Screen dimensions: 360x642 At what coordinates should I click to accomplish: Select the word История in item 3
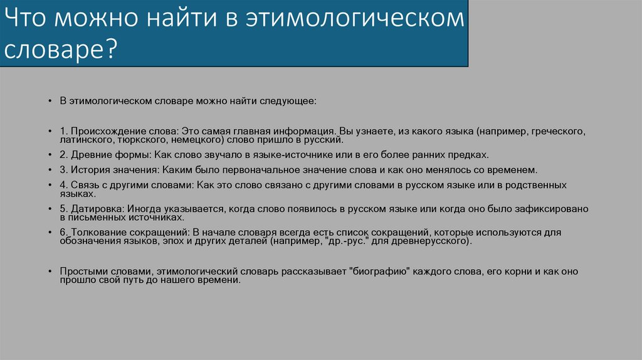tap(88, 169)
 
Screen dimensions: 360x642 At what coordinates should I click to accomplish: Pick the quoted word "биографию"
tap(381, 272)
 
